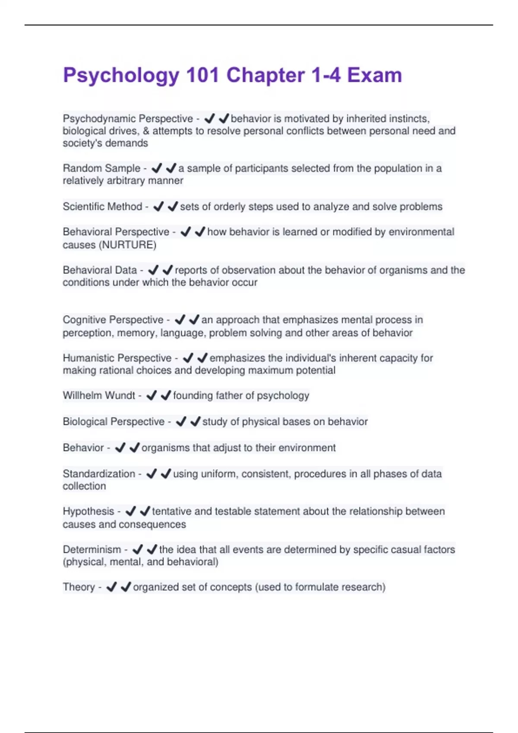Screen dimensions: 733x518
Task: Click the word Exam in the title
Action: tap(374, 75)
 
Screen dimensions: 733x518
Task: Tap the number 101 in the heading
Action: tap(202, 75)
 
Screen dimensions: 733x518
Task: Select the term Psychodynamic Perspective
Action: tap(128, 119)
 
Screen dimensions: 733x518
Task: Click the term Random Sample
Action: tap(101, 168)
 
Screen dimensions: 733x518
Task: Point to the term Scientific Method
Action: tap(102, 207)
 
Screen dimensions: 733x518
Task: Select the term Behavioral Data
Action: tap(100, 270)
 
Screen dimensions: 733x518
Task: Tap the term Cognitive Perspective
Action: tap(113, 320)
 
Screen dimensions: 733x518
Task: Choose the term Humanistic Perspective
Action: tap(117, 358)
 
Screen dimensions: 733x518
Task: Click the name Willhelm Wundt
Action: tap(99, 395)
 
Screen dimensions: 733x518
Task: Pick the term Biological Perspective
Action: tap(114, 421)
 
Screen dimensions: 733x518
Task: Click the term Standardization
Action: tap(99, 473)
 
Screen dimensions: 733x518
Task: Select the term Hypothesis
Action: tap(88, 511)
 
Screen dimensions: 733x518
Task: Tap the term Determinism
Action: tap(92, 549)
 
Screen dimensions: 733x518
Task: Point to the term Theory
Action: tap(79, 587)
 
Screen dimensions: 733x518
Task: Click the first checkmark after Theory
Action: tap(111, 587)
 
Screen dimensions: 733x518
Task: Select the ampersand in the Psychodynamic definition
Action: tap(146, 131)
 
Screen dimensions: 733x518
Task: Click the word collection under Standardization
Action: tap(84, 486)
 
